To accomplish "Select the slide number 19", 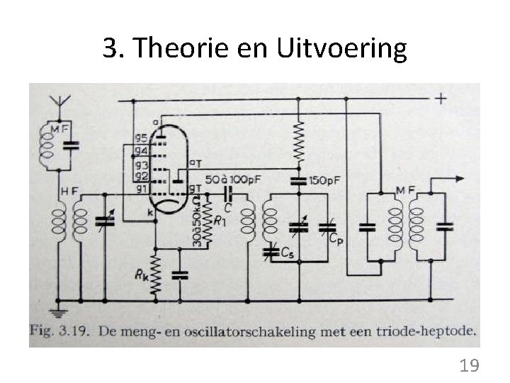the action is pos(469,366).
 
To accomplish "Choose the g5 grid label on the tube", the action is pos(140,138).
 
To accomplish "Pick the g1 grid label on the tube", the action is pos(140,189).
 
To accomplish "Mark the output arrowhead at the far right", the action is pos(461,178).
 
